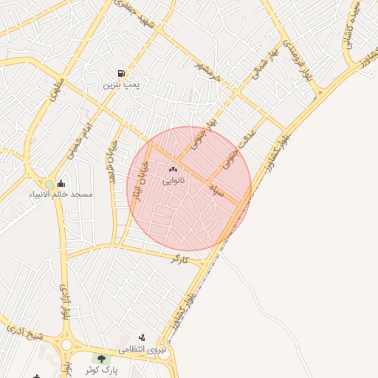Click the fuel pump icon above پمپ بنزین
120,73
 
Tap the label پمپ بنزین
120,86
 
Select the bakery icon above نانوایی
173,168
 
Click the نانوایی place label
173,179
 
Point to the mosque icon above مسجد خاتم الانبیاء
60,184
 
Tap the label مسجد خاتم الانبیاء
61,195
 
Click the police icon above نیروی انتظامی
142,337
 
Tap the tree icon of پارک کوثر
101,359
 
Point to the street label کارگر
179,260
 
